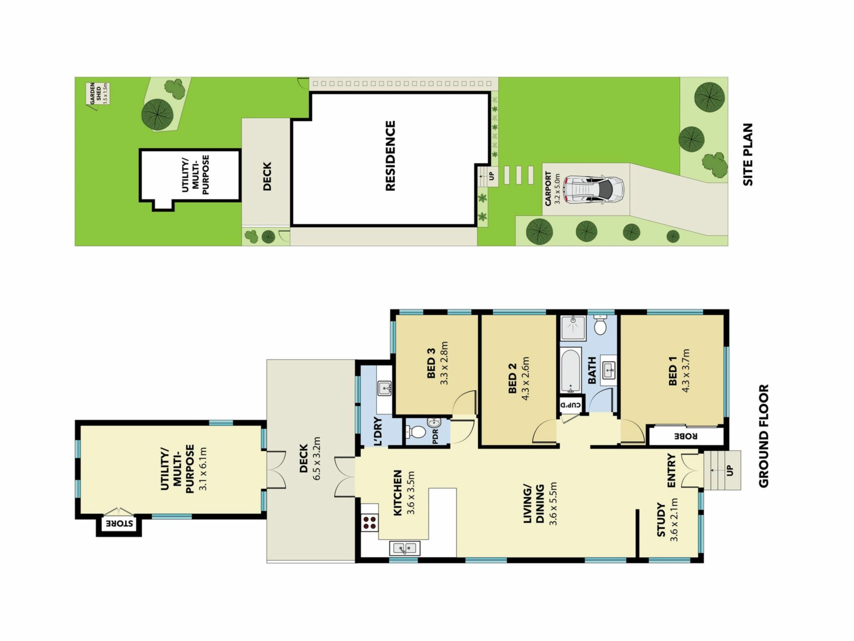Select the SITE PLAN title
point(748,154)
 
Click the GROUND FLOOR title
point(763,436)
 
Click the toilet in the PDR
point(415,431)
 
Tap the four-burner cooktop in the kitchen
point(370,523)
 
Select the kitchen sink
point(404,548)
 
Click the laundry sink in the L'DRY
point(384,389)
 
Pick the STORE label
point(119,523)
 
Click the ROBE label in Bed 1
point(685,436)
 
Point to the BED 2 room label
point(512,378)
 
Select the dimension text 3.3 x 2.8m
point(444,363)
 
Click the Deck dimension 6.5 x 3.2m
point(317,458)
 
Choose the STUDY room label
point(661,519)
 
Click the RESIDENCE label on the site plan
point(390,156)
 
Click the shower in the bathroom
point(573,328)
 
